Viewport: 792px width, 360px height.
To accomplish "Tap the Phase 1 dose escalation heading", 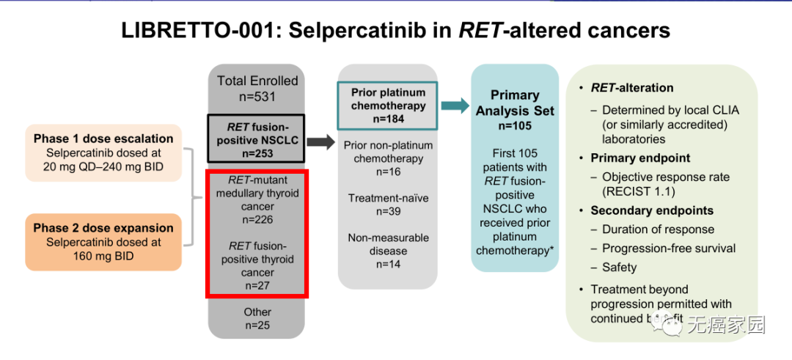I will (103, 139).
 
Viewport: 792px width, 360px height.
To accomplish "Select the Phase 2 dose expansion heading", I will (103, 228).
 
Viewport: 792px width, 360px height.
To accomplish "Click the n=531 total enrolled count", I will (257, 97).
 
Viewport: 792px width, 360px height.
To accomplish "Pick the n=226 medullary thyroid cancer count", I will (257, 219).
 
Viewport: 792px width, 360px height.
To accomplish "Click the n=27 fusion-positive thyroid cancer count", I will (257, 286).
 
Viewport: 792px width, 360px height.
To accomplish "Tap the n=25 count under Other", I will (257, 326).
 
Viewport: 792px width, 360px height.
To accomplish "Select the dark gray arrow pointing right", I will (320, 142).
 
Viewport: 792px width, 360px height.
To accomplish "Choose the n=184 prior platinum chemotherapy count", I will (388, 118).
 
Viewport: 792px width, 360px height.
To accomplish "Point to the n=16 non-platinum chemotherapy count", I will (388, 172).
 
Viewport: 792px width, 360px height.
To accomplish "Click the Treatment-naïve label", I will (388, 198).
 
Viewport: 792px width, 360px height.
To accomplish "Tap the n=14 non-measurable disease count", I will (388, 264).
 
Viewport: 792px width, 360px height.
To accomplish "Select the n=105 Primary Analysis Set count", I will (514, 125).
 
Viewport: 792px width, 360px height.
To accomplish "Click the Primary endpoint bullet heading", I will (640, 158).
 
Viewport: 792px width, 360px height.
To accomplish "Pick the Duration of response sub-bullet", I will (658, 229).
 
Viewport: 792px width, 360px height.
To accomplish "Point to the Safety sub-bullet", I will (619, 268).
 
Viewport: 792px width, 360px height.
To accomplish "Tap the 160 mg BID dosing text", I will (103, 256).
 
